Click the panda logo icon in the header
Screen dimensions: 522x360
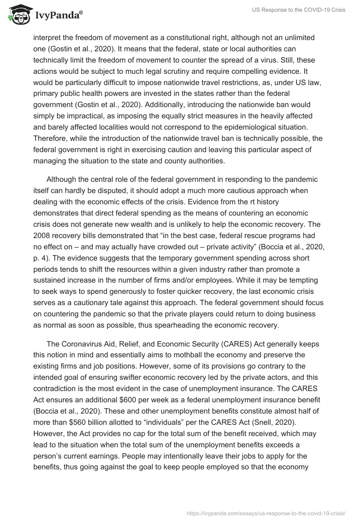tap(17, 15)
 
